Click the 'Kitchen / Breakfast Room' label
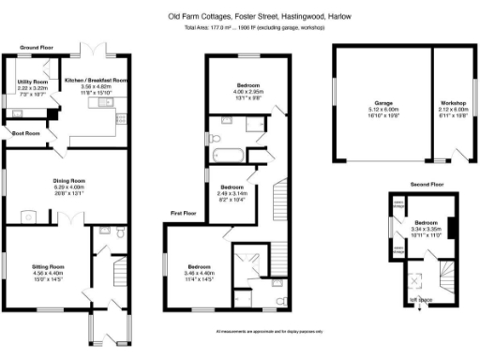[x=96, y=81]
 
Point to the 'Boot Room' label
[x=25, y=133]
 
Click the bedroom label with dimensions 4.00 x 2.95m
[x=248, y=85]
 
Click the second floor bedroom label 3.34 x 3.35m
[x=426, y=223]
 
